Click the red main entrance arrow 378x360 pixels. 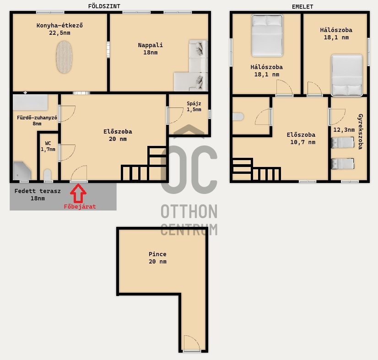point(78,193)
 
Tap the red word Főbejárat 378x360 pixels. point(80,206)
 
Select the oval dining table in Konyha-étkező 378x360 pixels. point(64,57)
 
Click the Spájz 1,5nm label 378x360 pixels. point(194,107)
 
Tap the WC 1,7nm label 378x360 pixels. point(48,146)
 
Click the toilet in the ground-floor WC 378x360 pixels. point(48,175)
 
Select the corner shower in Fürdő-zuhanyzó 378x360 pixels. point(22,171)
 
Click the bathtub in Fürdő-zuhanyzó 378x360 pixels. point(30,102)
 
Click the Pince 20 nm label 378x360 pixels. point(157,258)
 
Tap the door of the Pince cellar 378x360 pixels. point(192,343)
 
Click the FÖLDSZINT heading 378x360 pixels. point(104,6)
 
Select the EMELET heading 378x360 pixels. point(302,7)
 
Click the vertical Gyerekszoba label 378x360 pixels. point(361,132)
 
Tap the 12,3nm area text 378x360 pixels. point(344,130)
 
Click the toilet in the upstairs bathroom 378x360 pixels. point(238,117)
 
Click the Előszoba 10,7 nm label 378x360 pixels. point(301,138)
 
